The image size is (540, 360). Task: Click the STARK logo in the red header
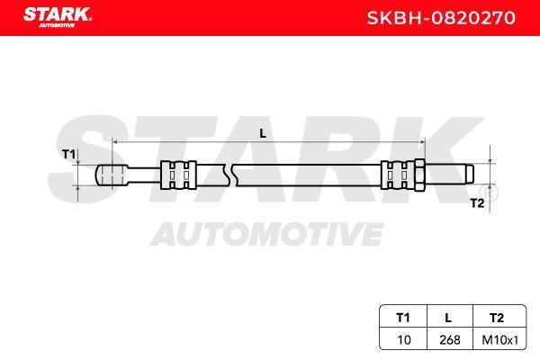click(58, 17)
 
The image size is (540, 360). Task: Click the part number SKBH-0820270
click(441, 18)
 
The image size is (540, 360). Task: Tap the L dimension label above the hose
click(263, 133)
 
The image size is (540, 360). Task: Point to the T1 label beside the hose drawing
click(68, 154)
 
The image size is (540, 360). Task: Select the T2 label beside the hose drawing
click(477, 203)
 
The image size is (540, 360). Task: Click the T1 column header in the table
click(403, 318)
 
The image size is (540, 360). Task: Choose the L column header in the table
click(448, 318)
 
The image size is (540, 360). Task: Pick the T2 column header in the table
click(497, 318)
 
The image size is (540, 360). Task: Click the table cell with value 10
click(404, 340)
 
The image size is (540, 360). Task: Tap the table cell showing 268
click(450, 340)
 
